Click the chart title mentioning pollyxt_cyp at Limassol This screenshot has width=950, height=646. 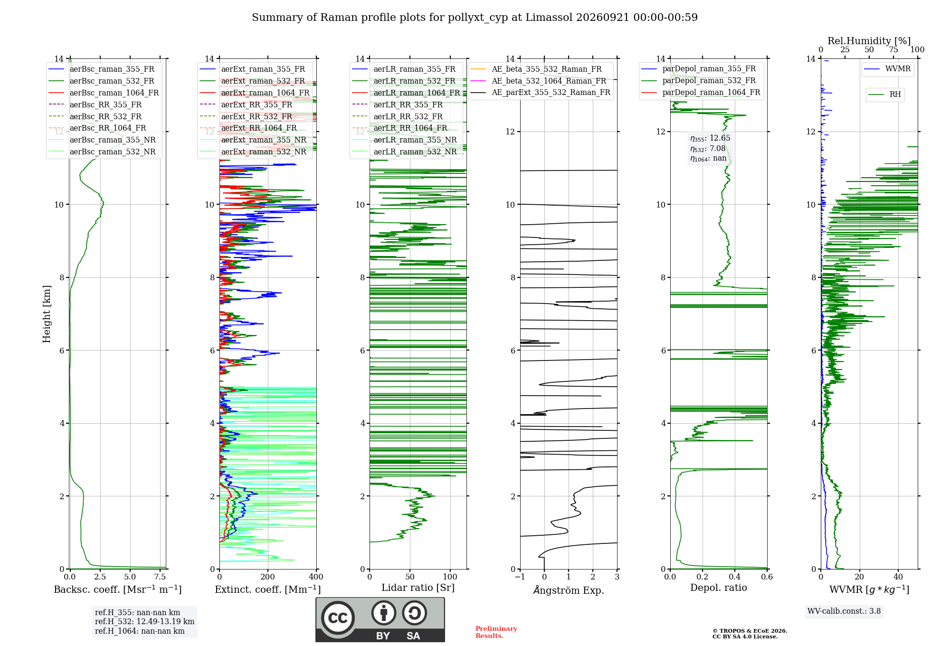click(475, 18)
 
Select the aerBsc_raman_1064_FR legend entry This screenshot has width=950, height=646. click(104, 93)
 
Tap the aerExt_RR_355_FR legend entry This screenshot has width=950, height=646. click(246, 104)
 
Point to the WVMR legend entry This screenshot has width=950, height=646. click(887, 69)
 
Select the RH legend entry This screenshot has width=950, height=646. click(884, 95)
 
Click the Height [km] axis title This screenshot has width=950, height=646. click(47, 314)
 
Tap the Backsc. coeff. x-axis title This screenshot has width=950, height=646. click(118, 589)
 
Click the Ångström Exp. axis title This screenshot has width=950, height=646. click(569, 590)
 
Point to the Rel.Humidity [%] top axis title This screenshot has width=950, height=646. click(869, 41)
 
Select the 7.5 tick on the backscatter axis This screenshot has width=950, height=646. click(160, 577)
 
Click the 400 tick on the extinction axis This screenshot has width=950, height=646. click(316, 577)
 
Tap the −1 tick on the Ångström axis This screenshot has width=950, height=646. click(520, 577)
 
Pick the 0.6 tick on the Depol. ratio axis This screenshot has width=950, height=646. click(767, 577)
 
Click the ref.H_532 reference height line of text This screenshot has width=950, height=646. click(144, 622)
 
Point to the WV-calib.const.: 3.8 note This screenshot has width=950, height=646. click(844, 611)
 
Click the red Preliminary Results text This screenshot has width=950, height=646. click(496, 632)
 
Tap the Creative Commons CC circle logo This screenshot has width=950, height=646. click(338, 618)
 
